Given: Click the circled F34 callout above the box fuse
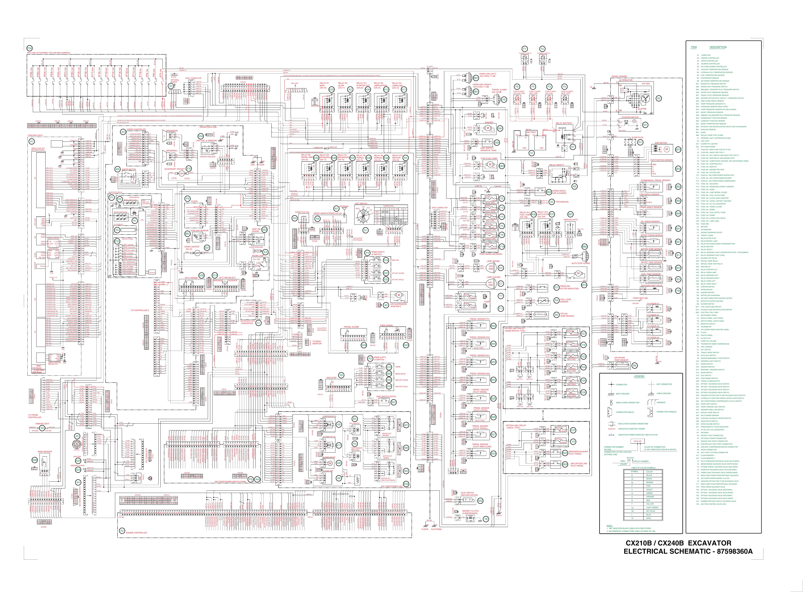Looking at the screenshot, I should tap(30, 48).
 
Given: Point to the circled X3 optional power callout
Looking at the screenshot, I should tap(171, 86).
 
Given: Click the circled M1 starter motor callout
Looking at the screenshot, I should tap(645, 124).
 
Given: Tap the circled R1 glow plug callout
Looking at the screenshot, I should tap(640, 142).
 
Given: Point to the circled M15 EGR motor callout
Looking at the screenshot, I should tap(678, 149).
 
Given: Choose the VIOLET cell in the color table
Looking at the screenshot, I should tap(649, 489).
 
